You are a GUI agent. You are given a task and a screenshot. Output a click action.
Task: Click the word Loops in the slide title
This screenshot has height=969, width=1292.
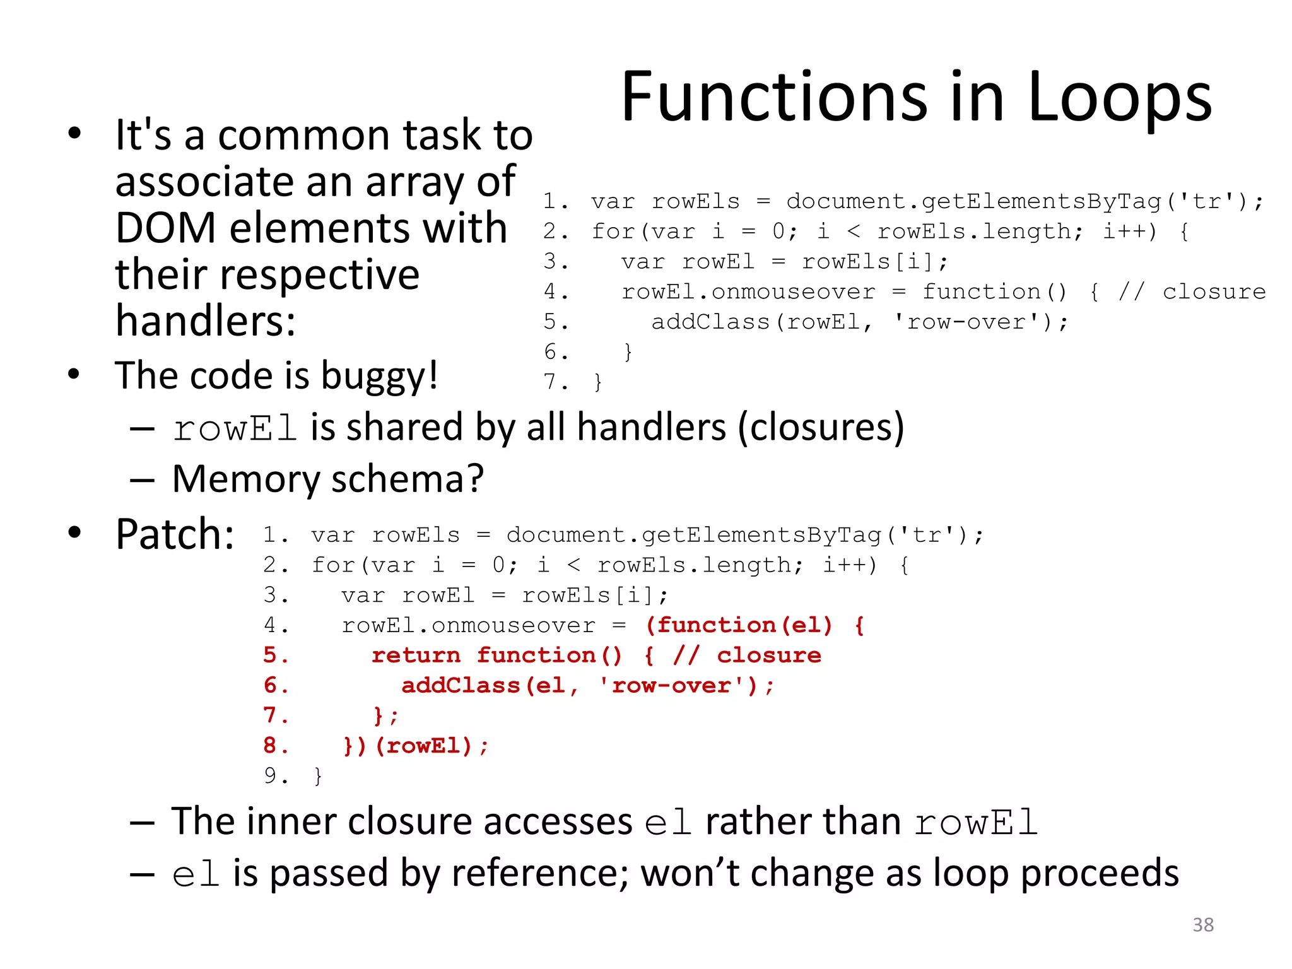[x=1120, y=98]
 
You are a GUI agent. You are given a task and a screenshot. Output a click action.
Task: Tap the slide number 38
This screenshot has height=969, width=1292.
[x=1203, y=925]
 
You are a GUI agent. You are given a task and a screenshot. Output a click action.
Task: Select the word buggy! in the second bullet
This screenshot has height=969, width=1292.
[x=379, y=377]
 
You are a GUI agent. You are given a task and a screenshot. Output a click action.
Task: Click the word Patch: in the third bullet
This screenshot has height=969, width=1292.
[x=175, y=534]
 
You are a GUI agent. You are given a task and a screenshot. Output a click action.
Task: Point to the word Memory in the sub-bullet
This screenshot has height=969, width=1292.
[x=246, y=479]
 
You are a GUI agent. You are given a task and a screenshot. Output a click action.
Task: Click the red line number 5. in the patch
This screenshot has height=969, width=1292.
[x=276, y=655]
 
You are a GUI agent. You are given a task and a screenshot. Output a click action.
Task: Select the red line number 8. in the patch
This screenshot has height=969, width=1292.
[x=276, y=746]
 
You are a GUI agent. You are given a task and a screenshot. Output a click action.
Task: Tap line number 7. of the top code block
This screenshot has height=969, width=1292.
[x=556, y=382]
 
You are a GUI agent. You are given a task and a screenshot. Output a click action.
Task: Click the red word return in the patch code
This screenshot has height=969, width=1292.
[x=416, y=655]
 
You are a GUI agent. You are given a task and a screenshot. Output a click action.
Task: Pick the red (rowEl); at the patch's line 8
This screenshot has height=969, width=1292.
[x=432, y=746]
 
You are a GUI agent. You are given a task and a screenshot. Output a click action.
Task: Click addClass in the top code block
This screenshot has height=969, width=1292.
[x=710, y=322]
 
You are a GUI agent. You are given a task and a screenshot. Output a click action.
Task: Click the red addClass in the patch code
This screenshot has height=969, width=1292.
[x=461, y=686]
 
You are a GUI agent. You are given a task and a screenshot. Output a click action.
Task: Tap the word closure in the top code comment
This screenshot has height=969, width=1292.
[x=1214, y=292]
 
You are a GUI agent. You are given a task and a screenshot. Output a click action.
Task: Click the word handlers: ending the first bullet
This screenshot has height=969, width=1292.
[x=206, y=320]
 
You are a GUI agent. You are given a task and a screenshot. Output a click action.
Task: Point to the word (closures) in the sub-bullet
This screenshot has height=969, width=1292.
[x=821, y=427]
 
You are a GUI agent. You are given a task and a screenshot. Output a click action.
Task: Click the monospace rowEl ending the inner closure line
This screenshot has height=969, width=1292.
[x=976, y=823]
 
